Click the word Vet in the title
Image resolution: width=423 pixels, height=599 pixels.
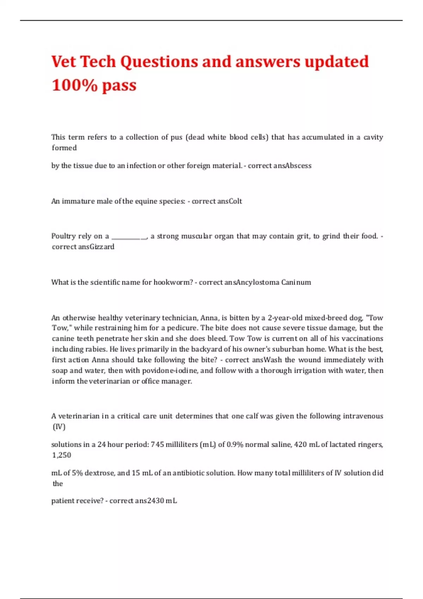(64, 62)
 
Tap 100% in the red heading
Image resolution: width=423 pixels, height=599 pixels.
(74, 85)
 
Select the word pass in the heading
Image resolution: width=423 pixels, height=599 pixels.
(119, 85)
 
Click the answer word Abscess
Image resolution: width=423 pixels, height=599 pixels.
(298, 166)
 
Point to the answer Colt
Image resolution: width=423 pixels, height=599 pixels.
(235, 201)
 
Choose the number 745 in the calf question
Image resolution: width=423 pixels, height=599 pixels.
(157, 445)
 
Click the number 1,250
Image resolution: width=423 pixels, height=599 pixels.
(62, 455)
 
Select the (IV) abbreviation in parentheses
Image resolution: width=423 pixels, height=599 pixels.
(59, 427)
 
